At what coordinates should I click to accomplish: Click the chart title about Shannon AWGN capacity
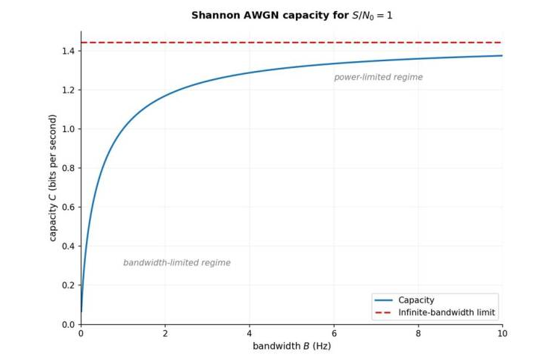(x=292, y=15)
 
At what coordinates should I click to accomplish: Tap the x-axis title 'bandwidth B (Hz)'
(x=291, y=346)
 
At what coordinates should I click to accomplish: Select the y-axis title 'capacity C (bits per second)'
(x=53, y=178)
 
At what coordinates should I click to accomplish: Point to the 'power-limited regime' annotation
(x=378, y=77)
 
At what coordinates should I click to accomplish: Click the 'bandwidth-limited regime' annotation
(x=176, y=263)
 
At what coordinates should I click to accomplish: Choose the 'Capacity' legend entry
(x=416, y=300)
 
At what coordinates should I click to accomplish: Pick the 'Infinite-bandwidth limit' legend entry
(x=447, y=312)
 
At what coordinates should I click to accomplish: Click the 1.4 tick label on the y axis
(x=69, y=51)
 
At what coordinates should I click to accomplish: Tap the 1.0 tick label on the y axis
(x=69, y=129)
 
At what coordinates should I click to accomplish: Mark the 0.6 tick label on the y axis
(x=69, y=207)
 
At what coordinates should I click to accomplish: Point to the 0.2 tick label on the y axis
(x=69, y=285)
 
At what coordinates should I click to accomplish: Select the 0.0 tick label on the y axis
(x=69, y=324)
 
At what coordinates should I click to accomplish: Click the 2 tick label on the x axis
(x=165, y=333)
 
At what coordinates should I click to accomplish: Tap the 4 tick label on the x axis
(x=249, y=333)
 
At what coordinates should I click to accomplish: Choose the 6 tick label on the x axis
(x=334, y=333)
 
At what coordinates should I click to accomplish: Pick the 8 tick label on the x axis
(x=418, y=333)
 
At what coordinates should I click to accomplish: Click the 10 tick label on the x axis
(x=502, y=333)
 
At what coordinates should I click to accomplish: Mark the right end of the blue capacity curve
(x=502, y=55)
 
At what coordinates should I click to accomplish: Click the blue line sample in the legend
(x=384, y=300)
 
